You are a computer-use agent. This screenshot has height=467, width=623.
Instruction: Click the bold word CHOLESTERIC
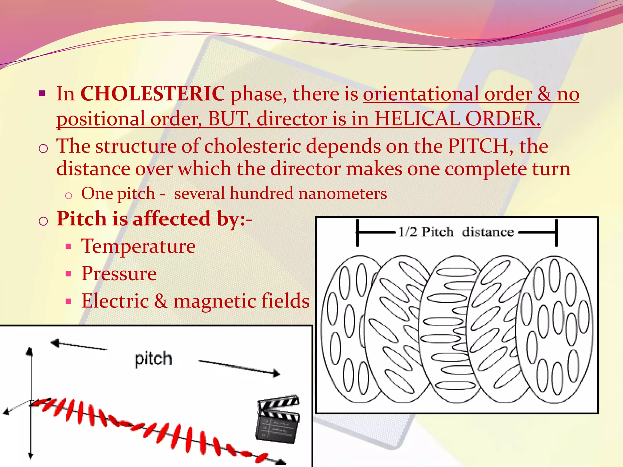pyautogui.click(x=152, y=94)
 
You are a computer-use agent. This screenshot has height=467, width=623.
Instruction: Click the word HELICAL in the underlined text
pyautogui.click(x=417, y=119)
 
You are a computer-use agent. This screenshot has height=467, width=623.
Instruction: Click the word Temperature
pyautogui.click(x=138, y=246)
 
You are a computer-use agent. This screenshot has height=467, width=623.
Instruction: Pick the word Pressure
pyautogui.click(x=119, y=273)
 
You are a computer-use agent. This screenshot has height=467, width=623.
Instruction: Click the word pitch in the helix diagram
pyautogui.click(x=153, y=359)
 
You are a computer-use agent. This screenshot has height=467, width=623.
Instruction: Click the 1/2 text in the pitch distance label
pyautogui.click(x=407, y=232)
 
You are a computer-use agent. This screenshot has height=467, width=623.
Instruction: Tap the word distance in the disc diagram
pyautogui.click(x=488, y=232)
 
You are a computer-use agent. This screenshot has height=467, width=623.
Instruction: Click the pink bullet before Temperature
pyautogui.click(x=68, y=247)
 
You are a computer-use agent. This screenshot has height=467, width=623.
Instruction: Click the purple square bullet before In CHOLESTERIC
pyautogui.click(x=42, y=93)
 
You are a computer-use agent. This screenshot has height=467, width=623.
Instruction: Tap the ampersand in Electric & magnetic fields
pyautogui.click(x=161, y=301)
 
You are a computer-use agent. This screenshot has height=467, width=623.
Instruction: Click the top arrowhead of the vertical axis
pyautogui.click(x=29, y=351)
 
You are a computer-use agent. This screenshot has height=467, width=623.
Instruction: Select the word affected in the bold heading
pyautogui.click(x=171, y=219)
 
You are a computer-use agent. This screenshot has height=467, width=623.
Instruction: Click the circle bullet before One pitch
pyautogui.click(x=69, y=195)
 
